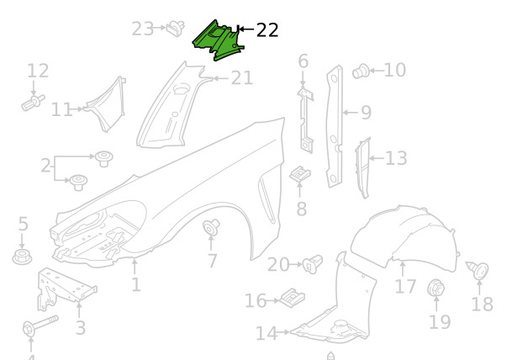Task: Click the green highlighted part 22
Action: pyautogui.click(x=219, y=40)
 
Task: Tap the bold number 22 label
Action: pyautogui.click(x=267, y=30)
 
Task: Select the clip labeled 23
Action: pyautogui.click(x=176, y=29)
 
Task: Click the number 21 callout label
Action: pyautogui.click(x=242, y=78)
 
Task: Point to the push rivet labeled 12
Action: pyautogui.click(x=33, y=103)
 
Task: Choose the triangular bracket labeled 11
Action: pyautogui.click(x=107, y=103)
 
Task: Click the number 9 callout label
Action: pyautogui.click(x=366, y=113)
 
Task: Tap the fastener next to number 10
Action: pyautogui.click(x=361, y=71)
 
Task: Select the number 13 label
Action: pyautogui.click(x=396, y=158)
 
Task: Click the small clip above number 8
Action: pyautogui.click(x=300, y=174)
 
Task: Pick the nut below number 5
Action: pyautogui.click(x=22, y=257)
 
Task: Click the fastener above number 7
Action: pyautogui.click(x=211, y=227)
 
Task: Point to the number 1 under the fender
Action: pyautogui.click(x=136, y=284)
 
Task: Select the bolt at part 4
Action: pyautogui.click(x=40, y=326)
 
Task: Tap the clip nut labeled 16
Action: pyautogui.click(x=292, y=299)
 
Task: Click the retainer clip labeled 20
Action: pyautogui.click(x=312, y=264)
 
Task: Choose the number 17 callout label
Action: pyautogui.click(x=405, y=287)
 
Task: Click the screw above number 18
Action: pyautogui.click(x=478, y=270)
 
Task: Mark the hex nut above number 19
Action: pyautogui.click(x=436, y=288)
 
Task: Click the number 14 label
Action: pyautogui.click(x=266, y=333)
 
